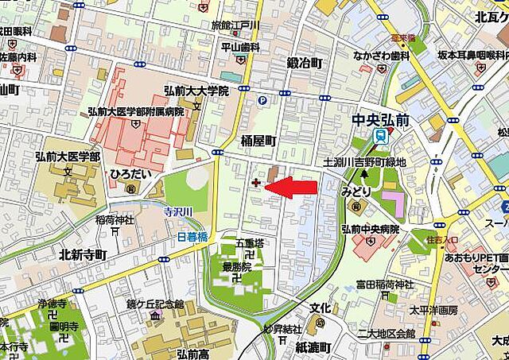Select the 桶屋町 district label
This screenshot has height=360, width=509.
click(x=258, y=139)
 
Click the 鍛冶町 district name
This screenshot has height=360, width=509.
click(x=305, y=62)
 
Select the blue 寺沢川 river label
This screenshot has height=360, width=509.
click(x=179, y=211)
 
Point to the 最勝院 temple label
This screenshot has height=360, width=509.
click(x=237, y=268)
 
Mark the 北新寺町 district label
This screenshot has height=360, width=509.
click(x=83, y=254)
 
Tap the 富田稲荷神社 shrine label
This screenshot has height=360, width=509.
click(x=385, y=285)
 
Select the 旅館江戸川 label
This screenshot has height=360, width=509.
click(x=235, y=25)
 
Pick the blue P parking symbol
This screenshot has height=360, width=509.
click(x=262, y=100)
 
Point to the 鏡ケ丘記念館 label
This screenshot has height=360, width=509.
click(x=157, y=304)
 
